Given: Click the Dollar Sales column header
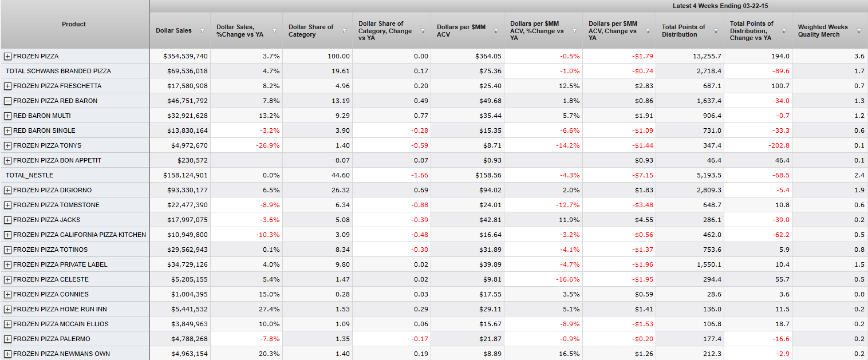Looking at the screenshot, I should [173, 30].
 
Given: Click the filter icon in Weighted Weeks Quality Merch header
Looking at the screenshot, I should [859, 31].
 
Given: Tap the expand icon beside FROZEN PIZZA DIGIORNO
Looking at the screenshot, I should [7, 190].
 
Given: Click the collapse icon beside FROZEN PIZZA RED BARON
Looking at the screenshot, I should [7, 101].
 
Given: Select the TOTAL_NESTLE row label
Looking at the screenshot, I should [29, 175].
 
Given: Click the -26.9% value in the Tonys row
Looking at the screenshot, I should [269, 145].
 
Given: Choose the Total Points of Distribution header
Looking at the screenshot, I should [684, 30].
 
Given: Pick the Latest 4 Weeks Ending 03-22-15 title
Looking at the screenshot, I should [719, 6].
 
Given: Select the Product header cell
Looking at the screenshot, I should [74, 24].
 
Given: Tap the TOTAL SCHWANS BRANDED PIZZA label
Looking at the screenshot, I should [58, 71].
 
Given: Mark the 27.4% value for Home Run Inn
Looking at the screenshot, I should [269, 309].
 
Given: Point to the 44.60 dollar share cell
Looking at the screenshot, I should [341, 175].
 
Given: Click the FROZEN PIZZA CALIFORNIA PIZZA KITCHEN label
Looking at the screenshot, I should [79, 235].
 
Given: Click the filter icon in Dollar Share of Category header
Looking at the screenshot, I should [344, 31].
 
